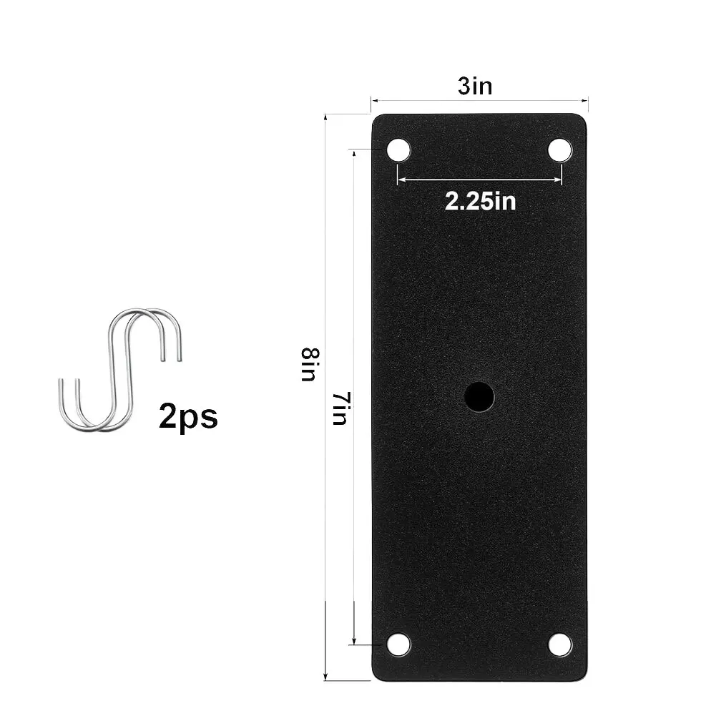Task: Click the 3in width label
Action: click(x=475, y=87)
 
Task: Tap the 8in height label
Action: click(x=309, y=364)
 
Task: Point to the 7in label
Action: click(x=340, y=408)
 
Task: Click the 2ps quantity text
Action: click(x=188, y=416)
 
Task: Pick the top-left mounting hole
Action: click(x=398, y=151)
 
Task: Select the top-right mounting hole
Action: click(x=560, y=150)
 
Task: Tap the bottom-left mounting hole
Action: click(x=398, y=644)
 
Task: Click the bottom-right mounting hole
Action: click(x=560, y=644)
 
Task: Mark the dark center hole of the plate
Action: click(x=479, y=396)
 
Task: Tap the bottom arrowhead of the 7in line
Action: click(x=354, y=639)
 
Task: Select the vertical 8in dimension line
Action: click(x=325, y=501)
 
